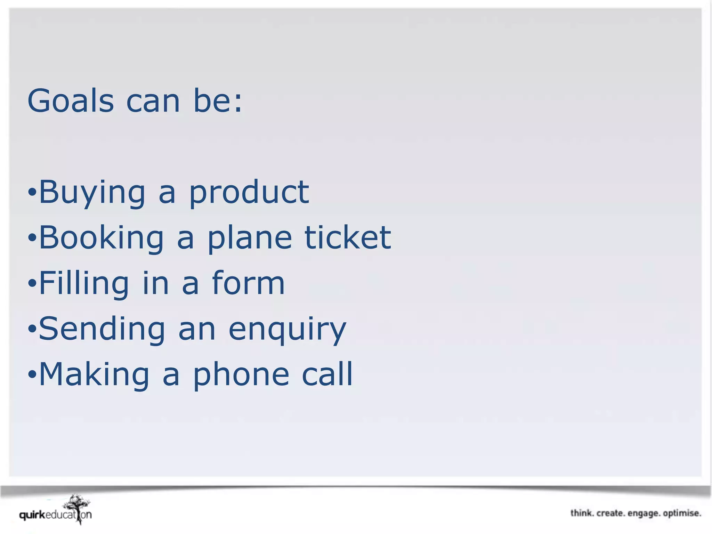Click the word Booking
[x=101, y=238]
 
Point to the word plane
[x=250, y=238]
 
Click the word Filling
[x=84, y=284]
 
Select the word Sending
[x=102, y=329]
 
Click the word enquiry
[x=288, y=330]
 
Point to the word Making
[x=94, y=375]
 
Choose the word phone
[x=241, y=375]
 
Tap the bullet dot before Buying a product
[x=32, y=192]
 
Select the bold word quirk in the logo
[x=32, y=515]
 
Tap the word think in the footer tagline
[x=582, y=513]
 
